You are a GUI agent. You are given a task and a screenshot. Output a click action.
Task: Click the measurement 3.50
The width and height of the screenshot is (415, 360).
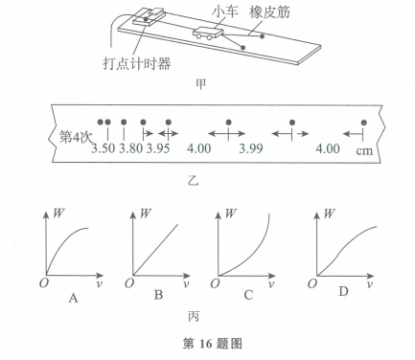(x=103, y=149)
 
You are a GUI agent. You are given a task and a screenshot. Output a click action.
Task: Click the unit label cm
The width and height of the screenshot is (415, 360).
(x=365, y=150)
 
